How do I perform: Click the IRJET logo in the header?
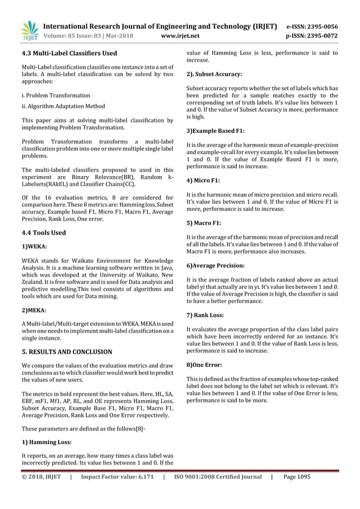(29, 31)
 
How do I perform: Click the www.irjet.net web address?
(180, 36)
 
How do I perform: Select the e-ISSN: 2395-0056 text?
(320, 26)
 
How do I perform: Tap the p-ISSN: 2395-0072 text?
(320, 36)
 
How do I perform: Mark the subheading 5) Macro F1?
(204, 223)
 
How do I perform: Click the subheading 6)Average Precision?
(215, 265)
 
